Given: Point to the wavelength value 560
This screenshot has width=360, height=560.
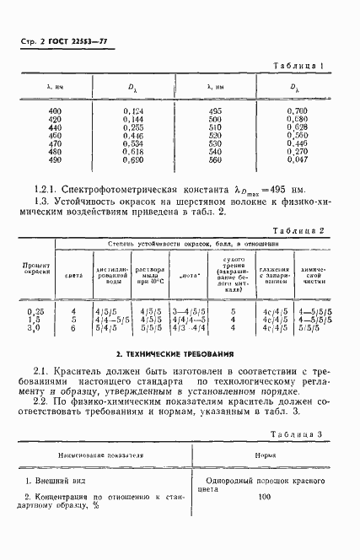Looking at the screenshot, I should (214, 159).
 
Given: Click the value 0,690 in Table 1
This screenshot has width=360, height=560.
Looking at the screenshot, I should (133, 159).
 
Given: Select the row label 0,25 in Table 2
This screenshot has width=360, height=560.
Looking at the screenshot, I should (38, 311).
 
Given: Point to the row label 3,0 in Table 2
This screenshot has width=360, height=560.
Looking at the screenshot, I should (38, 327).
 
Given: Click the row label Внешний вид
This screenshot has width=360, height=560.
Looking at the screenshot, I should (56, 480).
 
